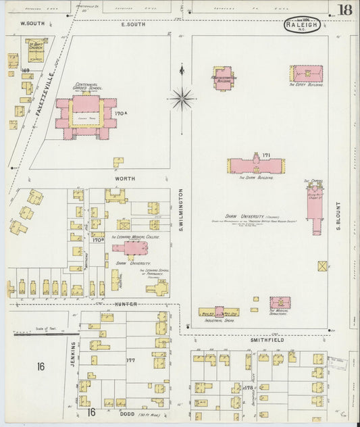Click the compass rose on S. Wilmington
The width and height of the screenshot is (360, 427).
[x=181, y=99]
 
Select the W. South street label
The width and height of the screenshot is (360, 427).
[x=31, y=23]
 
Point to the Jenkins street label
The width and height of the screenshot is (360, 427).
[x=72, y=354]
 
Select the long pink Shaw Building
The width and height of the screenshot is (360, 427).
[x=255, y=166]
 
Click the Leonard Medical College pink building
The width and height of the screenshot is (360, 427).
[x=129, y=248]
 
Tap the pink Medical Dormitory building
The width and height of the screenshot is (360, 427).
[x=280, y=303]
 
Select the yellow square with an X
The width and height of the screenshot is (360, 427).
[x=323, y=266]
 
